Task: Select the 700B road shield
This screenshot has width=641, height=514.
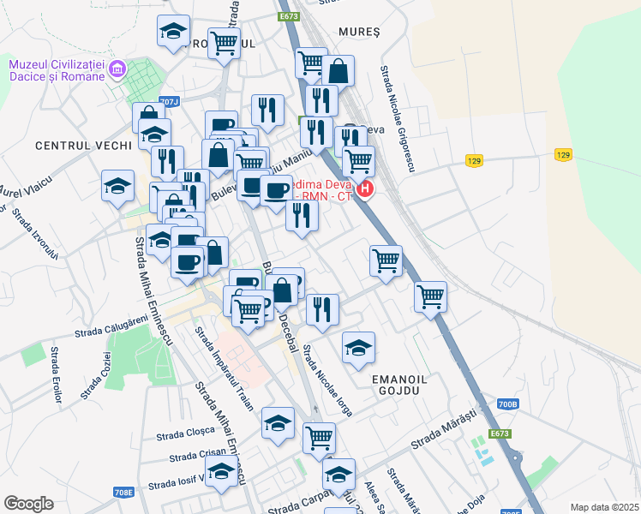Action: (x=507, y=403)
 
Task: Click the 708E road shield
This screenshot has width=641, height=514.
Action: (x=123, y=492)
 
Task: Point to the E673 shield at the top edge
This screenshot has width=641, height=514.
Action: (x=288, y=16)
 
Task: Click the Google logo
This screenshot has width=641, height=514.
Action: (x=28, y=503)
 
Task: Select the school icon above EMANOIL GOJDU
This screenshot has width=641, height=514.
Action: (x=358, y=348)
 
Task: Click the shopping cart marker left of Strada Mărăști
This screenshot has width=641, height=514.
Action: (x=319, y=438)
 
